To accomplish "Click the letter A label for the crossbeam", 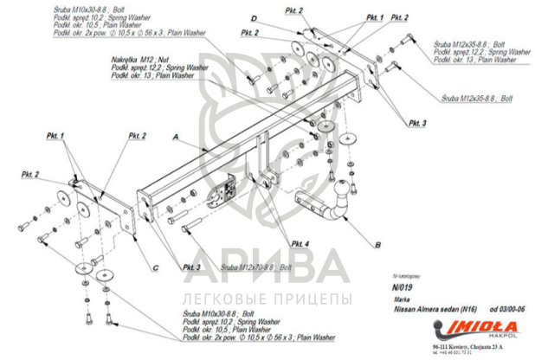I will coord(176,138).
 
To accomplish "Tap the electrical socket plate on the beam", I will coord(229,191).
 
